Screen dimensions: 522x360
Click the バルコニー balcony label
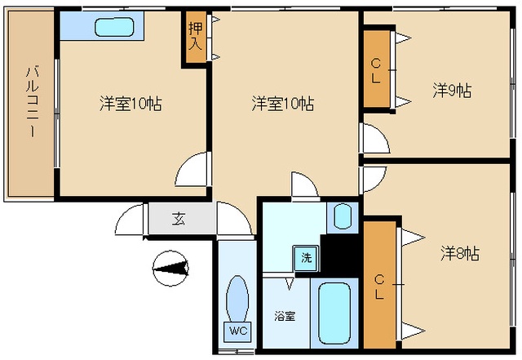tap(33, 102)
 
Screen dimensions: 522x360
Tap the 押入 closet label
tap(196, 37)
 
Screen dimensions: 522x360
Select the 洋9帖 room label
tap(452, 91)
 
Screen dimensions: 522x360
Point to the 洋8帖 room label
tap(460, 253)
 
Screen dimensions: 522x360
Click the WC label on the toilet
tap(238, 331)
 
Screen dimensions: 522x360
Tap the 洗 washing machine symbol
tap(307, 258)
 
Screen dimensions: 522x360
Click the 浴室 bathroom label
tap(285, 316)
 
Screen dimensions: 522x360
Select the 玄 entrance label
tap(179, 219)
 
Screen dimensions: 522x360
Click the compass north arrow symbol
tap(170, 269)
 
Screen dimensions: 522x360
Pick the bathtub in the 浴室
tap(334, 313)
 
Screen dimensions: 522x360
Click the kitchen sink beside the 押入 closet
tap(114, 27)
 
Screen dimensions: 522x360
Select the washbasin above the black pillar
tap(343, 216)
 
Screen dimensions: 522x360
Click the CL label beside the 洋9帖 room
tap(376, 71)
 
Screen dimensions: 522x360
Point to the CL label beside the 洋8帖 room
tap(379, 287)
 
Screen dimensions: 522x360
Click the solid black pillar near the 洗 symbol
tap(339, 256)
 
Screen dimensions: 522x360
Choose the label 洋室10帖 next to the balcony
tap(130, 104)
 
